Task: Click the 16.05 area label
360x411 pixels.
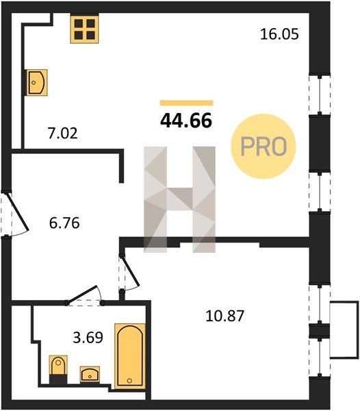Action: [x=279, y=34]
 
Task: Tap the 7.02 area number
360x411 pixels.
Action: [x=62, y=133]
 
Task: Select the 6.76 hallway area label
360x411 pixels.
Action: [x=64, y=223]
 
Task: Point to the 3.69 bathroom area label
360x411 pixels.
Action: [x=88, y=338]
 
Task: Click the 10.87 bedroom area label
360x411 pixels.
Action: [x=225, y=316]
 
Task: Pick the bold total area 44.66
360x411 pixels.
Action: [x=186, y=121]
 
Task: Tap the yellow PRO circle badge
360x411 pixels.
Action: [x=263, y=147]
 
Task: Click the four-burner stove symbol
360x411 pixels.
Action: [x=84, y=28]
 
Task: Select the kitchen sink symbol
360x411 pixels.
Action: [x=37, y=83]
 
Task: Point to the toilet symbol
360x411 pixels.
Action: [x=58, y=370]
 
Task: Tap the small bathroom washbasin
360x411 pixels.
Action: [x=90, y=374]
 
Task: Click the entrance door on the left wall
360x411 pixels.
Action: [x=18, y=212]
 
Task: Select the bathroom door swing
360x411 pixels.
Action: [x=84, y=295]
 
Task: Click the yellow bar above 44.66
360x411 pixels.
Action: [x=187, y=103]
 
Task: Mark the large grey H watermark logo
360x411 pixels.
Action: [x=179, y=199]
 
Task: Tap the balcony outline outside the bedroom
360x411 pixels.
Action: [x=344, y=329]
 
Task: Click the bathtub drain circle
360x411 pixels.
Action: [x=129, y=381]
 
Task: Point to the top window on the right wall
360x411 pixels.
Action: [x=320, y=95]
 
